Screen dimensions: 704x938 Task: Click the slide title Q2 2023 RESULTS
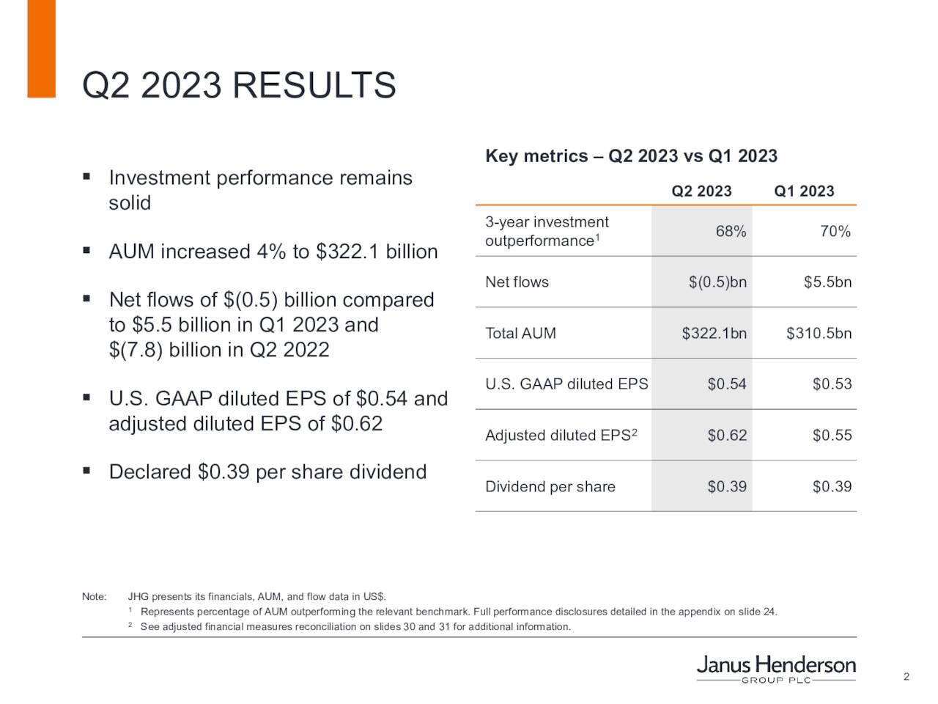pos(239,85)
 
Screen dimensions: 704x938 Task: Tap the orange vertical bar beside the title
pos(41,48)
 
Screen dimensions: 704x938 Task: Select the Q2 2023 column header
pos(701,191)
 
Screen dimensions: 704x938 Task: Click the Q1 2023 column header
pos(804,191)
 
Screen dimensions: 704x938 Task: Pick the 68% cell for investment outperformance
pos(731,232)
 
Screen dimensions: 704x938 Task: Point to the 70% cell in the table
pos(835,232)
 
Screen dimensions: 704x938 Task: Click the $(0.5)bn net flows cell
pos(717,282)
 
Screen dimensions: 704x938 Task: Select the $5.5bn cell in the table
pos(827,282)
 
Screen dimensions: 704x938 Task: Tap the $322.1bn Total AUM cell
pos(714,334)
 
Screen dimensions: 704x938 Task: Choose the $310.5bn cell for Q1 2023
pos(819,334)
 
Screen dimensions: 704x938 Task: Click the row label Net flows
pos(517,282)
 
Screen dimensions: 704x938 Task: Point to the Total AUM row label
pos(520,334)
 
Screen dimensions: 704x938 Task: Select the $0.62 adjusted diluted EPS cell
pos(727,436)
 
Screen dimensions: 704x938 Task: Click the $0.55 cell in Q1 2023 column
pos(832,436)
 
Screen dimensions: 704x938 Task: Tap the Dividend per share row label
pos(550,487)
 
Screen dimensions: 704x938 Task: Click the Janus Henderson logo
pos(775,668)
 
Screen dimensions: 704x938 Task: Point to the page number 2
pos(906,677)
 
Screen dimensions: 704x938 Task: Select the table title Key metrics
pos(631,156)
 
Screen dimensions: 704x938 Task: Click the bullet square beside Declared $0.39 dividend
pos(86,470)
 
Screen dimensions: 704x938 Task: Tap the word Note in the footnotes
pos(94,597)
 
